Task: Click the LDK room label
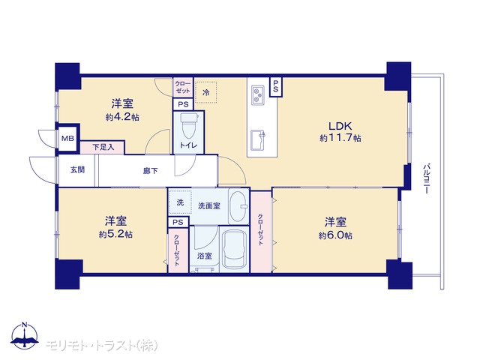(x=340, y=126)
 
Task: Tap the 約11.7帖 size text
(x=340, y=138)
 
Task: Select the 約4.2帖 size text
(x=122, y=117)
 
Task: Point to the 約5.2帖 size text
(x=115, y=235)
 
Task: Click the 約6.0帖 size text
(x=335, y=235)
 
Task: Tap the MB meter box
(x=67, y=138)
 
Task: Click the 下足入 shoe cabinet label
(x=103, y=148)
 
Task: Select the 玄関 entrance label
(x=78, y=169)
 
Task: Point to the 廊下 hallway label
(x=151, y=171)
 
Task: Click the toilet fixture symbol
(x=188, y=126)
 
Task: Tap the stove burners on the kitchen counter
(x=258, y=95)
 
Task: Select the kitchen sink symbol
(x=258, y=140)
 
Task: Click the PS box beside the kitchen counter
(x=276, y=87)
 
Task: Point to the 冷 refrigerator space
(x=206, y=92)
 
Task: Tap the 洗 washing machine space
(x=180, y=202)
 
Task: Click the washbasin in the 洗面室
(x=239, y=206)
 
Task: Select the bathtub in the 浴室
(x=235, y=249)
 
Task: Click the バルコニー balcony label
(x=426, y=179)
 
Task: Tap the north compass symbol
(x=25, y=335)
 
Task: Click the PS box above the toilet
(x=183, y=104)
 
